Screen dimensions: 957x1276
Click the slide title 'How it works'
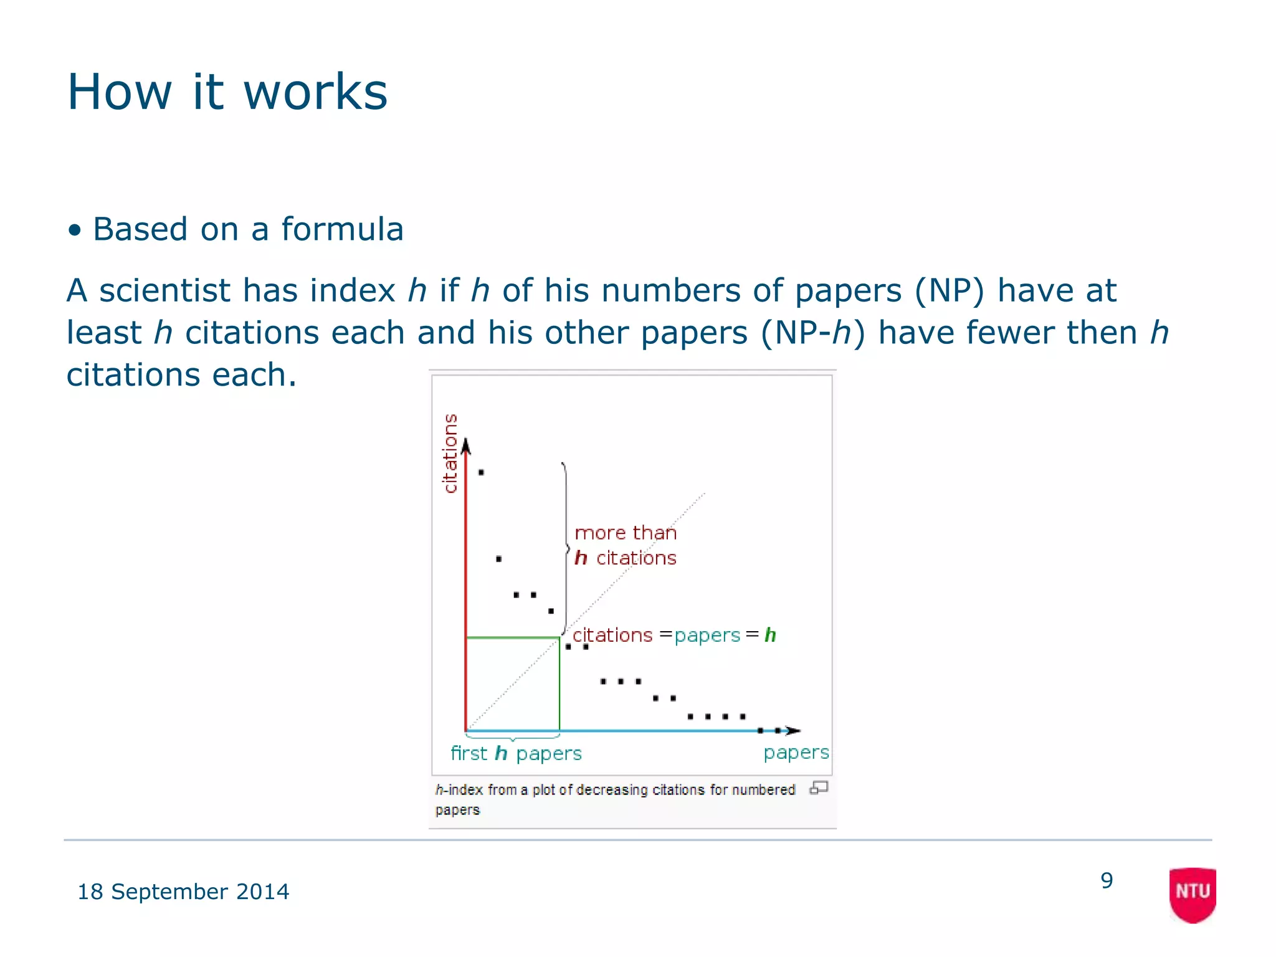(227, 92)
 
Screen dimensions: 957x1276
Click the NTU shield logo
(1193, 894)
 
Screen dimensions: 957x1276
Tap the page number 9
(1107, 880)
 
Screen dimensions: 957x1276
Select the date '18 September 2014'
(183, 892)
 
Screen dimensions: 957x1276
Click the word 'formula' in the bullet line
(342, 229)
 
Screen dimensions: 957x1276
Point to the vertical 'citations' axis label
(450, 453)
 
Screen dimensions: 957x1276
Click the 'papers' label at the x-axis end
(796, 753)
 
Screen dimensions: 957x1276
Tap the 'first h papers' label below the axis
(516, 753)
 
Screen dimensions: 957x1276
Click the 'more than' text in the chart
(625, 533)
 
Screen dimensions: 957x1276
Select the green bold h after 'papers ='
(770, 635)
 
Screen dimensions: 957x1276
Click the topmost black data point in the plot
(481, 472)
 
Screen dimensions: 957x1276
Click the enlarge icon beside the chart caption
(819, 788)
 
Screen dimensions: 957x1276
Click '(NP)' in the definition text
(950, 290)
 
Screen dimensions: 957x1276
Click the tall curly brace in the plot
(566, 548)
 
